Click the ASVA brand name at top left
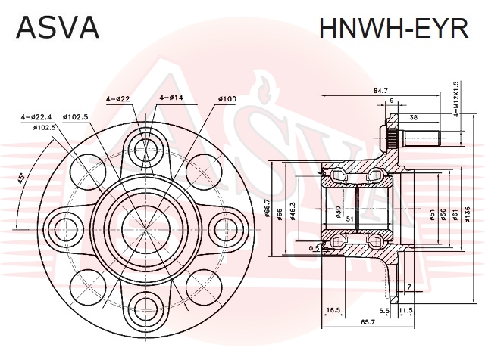coord(58,27)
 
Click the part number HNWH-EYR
coord(394,27)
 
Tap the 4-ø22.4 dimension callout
coord(36,117)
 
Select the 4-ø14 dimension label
coord(171,98)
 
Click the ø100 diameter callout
coord(227,99)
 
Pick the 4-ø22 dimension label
coord(117,98)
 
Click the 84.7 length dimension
coord(380,91)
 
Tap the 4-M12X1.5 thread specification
coord(455,99)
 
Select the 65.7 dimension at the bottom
coord(368,321)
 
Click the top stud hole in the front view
coord(146,150)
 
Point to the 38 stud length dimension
coord(413,117)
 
